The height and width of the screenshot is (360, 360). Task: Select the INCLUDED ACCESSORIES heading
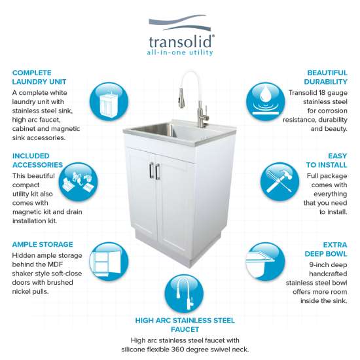pos(37,160)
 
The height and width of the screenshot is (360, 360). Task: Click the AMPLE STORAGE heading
pos(43,244)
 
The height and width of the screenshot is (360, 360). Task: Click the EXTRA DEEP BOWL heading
pos(325,249)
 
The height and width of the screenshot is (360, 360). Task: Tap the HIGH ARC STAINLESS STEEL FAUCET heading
pos(185,325)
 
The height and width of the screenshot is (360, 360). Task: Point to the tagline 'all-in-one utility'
pos(179,52)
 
